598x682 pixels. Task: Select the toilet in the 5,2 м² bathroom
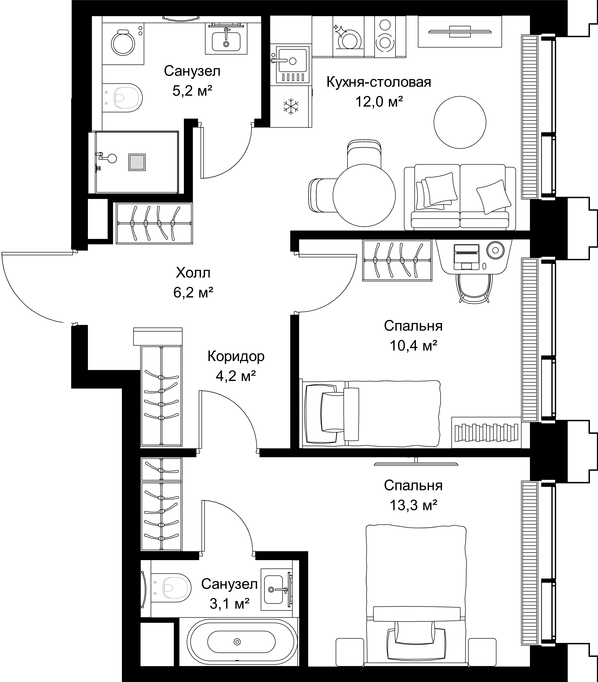pos(122,97)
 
